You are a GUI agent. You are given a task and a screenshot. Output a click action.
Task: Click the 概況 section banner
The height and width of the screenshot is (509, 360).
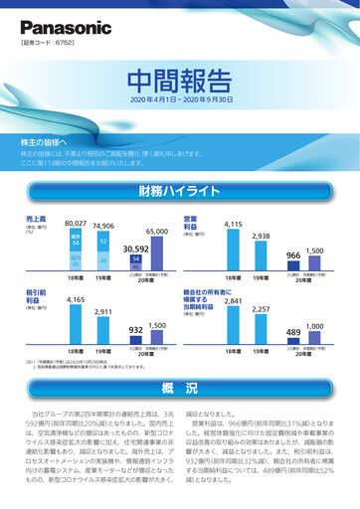(x=180, y=388)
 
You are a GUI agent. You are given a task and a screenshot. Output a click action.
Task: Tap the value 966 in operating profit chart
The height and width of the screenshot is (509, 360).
(x=292, y=255)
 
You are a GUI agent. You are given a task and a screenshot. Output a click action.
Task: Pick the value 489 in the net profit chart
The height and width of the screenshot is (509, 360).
(x=292, y=332)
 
